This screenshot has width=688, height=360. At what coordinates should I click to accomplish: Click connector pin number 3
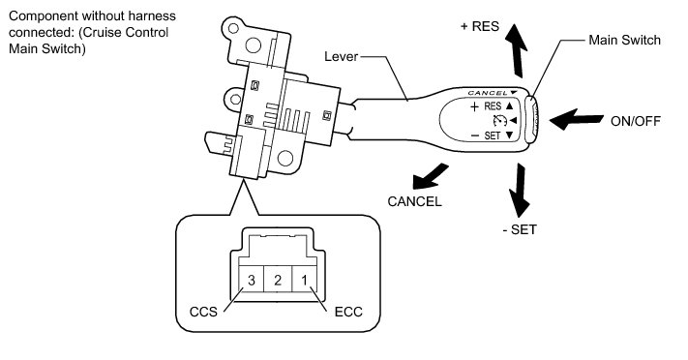(x=251, y=280)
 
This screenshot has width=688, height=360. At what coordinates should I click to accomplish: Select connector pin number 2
(x=278, y=280)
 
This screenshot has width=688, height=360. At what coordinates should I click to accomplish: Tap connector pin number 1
(x=304, y=280)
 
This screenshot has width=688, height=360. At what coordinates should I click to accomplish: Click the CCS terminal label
(x=203, y=312)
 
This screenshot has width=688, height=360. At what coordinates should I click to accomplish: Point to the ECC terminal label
(x=348, y=312)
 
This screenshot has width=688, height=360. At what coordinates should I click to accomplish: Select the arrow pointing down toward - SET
(x=520, y=190)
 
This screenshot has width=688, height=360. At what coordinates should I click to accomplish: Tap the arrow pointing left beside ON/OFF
(x=576, y=119)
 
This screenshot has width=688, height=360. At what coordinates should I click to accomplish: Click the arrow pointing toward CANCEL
(x=430, y=177)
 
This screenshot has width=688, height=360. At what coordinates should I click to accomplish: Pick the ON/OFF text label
(x=636, y=121)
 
